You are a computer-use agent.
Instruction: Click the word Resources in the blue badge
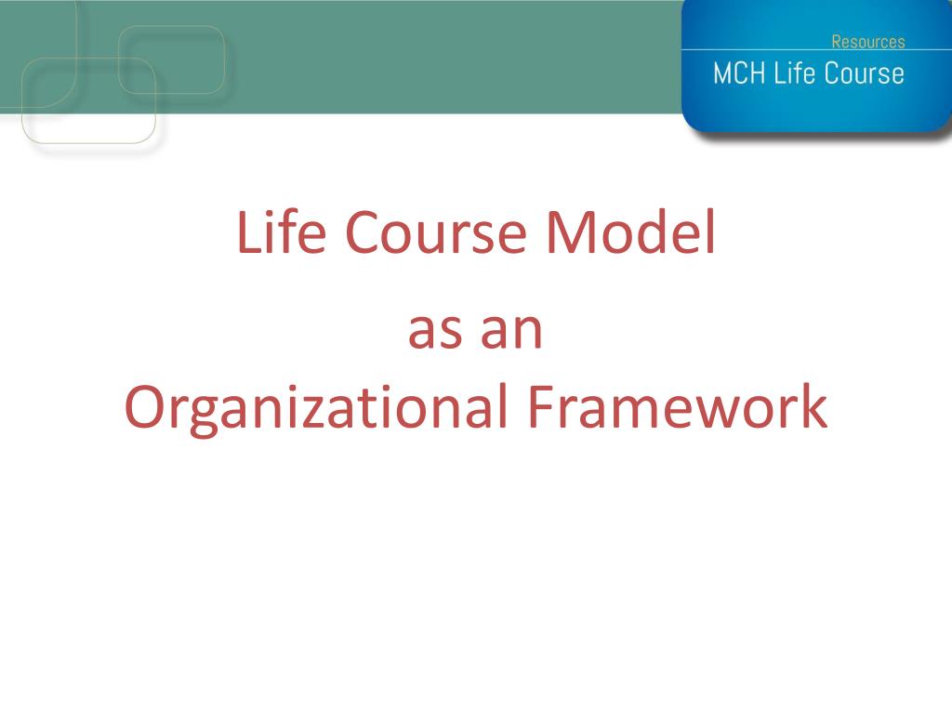(x=868, y=42)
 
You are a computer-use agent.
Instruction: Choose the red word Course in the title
(x=435, y=231)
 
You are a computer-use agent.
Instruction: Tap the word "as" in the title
(x=434, y=331)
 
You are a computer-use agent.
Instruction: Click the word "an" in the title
(x=510, y=331)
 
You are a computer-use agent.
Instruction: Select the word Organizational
(x=316, y=408)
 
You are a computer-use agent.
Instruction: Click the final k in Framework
(x=813, y=405)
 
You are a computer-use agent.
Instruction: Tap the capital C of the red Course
(x=364, y=231)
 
